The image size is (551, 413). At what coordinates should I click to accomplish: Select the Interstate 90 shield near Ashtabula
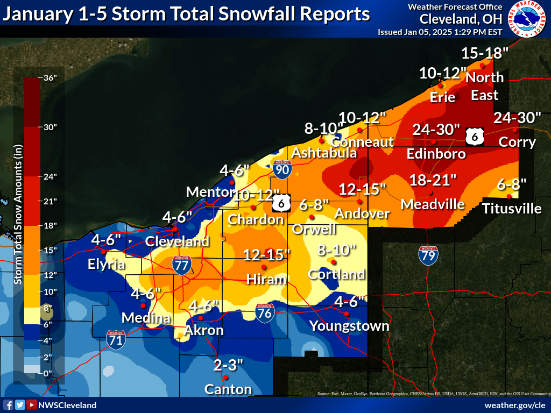click(x=281, y=169)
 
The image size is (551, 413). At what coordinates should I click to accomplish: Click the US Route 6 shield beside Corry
click(x=475, y=137)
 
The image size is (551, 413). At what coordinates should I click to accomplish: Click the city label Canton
click(x=228, y=389)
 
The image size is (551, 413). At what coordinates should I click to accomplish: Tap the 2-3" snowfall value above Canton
click(x=228, y=366)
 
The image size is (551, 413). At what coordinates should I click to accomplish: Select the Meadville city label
click(x=433, y=204)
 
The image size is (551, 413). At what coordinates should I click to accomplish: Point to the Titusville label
click(x=512, y=208)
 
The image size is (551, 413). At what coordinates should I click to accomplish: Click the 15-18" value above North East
click(x=485, y=53)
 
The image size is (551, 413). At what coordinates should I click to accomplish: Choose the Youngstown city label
click(x=349, y=326)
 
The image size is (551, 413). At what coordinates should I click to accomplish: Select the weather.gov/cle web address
click(x=515, y=405)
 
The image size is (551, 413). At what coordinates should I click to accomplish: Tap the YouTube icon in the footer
click(x=32, y=405)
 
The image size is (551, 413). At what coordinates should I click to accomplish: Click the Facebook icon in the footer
click(x=8, y=405)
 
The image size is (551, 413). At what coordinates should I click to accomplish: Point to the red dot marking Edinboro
click(x=433, y=141)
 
